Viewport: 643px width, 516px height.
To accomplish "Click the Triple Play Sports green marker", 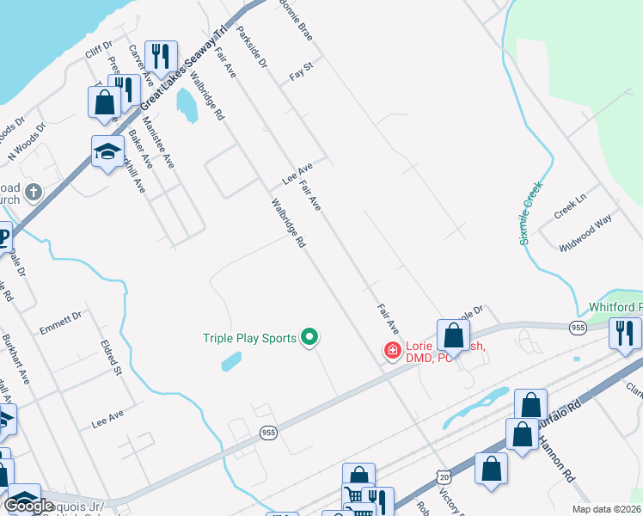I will [x=311, y=338].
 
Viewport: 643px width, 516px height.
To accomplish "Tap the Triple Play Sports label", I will [x=249, y=338].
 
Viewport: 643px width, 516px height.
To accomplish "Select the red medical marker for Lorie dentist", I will [x=392, y=350].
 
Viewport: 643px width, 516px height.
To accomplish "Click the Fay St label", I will [x=300, y=76].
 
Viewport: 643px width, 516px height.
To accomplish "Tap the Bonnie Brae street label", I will [x=295, y=17].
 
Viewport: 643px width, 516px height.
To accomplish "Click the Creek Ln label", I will [x=570, y=209].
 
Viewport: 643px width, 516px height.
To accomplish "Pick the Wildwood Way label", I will [x=585, y=232].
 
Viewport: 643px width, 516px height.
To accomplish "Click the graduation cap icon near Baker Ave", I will [x=107, y=151].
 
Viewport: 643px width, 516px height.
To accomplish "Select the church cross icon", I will [x=34, y=191].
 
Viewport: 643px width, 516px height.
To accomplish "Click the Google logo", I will [x=29, y=506].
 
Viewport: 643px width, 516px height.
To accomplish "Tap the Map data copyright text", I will [x=604, y=508].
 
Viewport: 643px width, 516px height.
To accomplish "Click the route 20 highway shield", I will [x=443, y=476].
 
